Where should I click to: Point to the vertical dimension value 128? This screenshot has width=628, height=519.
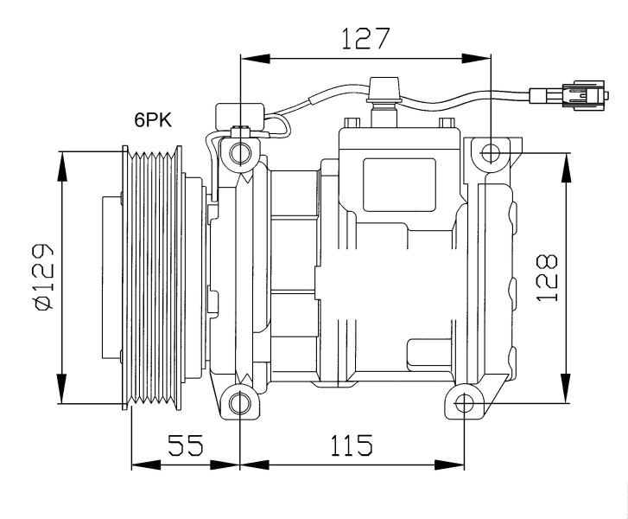[x=546, y=277]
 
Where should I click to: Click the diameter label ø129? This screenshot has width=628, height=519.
[x=44, y=276]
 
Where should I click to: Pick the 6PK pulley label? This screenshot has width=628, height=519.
[x=152, y=121]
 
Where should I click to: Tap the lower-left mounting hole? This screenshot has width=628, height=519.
[x=240, y=403]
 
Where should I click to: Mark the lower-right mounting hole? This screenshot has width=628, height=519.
[x=465, y=403]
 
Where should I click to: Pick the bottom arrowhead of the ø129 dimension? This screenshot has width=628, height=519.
[x=62, y=388]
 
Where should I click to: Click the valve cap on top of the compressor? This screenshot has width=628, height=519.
[x=383, y=89]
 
